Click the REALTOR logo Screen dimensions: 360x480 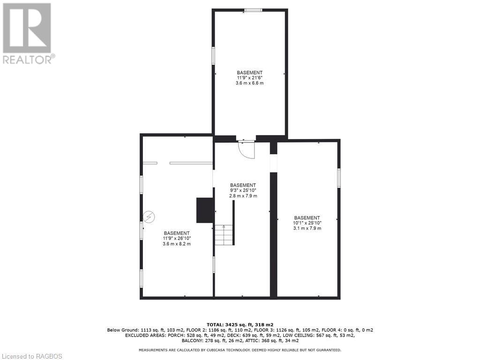click(x=27, y=33)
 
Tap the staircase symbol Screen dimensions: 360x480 click(x=224, y=234)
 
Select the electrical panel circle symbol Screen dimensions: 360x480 click(x=149, y=217)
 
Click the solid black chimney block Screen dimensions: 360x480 click(x=205, y=210)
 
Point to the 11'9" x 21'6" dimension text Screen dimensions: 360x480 click(x=249, y=78)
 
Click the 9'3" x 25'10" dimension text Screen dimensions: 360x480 click(x=243, y=190)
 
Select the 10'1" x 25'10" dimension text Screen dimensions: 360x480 click(x=307, y=223)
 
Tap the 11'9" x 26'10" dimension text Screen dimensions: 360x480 click(x=177, y=239)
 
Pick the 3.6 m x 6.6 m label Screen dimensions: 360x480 click(x=249, y=83)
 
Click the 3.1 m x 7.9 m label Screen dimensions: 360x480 click(x=307, y=228)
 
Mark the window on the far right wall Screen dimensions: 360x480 click(x=338, y=178)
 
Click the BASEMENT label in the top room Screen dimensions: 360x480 click(x=249, y=73)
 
